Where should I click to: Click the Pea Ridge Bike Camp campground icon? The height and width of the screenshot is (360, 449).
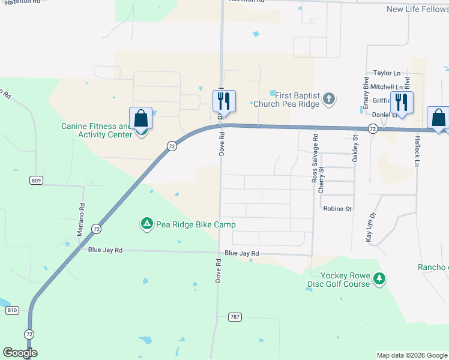(146, 224)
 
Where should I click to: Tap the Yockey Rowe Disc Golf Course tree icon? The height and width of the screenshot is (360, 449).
(379, 279)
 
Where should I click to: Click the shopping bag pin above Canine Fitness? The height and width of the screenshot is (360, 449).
(140, 118)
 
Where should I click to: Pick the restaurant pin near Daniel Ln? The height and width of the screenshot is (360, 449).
(402, 102)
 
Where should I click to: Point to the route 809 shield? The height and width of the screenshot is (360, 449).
(35, 180)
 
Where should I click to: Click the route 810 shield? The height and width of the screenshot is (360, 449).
(12, 310)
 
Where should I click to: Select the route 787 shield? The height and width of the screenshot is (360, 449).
(235, 316)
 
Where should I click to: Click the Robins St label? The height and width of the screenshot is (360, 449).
(337, 209)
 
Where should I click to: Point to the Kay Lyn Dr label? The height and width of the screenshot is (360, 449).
(370, 227)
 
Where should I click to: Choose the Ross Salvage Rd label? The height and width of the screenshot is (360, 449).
(315, 158)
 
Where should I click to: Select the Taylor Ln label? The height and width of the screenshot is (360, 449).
(387, 73)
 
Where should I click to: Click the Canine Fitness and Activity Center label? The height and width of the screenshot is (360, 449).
(96, 130)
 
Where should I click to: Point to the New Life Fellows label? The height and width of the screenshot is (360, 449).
(417, 9)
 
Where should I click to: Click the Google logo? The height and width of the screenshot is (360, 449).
(20, 353)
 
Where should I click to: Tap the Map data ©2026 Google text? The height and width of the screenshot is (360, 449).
(411, 355)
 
